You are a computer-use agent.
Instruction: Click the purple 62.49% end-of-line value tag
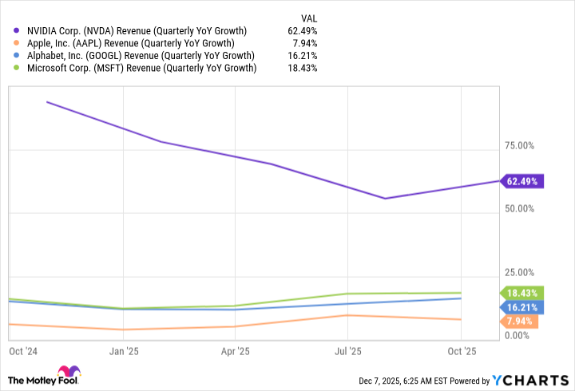(x=522, y=181)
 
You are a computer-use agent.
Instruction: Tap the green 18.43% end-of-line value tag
(x=521, y=293)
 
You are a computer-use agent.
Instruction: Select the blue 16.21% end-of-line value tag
(x=521, y=306)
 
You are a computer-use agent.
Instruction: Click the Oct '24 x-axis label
(x=23, y=350)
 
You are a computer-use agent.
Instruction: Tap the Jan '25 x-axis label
(x=123, y=350)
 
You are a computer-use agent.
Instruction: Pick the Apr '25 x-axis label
(x=236, y=350)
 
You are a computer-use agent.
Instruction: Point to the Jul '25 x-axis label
(x=348, y=350)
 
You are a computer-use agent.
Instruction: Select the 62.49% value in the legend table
(x=302, y=31)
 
